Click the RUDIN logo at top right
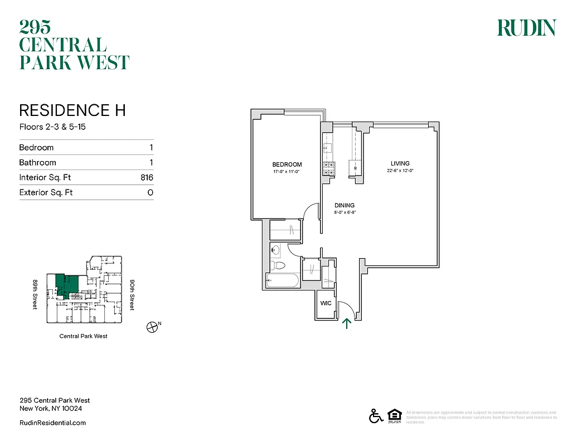(526, 28)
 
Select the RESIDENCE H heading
(72, 110)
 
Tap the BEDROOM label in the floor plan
(287, 164)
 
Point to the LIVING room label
(400, 163)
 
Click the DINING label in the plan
(345, 206)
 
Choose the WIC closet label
(326, 304)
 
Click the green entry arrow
(347, 323)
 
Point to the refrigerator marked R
(355, 168)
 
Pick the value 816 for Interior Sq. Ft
(147, 178)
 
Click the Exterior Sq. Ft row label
(46, 193)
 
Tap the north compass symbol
(151, 327)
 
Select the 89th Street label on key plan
(35, 295)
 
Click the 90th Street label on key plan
(132, 295)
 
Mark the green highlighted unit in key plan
(68, 285)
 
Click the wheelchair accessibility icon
(375, 416)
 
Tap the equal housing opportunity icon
(394, 416)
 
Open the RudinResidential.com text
(52, 423)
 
